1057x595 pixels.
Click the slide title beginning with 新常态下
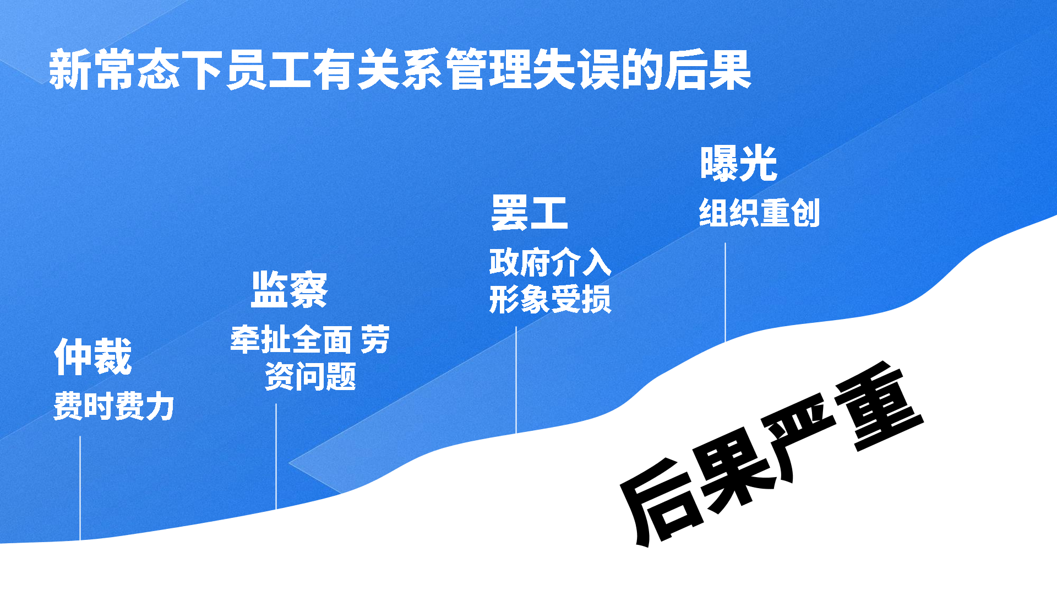pos(400,69)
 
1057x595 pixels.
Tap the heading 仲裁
pos(93,356)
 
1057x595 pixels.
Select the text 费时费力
pos(114,406)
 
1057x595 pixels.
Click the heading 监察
pos(290,289)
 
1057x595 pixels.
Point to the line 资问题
pos(310,376)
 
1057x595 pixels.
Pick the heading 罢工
pos(530,213)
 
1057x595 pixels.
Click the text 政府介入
pos(550,262)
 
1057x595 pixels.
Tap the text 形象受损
pos(550,300)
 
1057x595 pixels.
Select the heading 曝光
pos(739,163)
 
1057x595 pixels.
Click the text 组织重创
pos(760,213)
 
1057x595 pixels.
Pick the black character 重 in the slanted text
pos(878,408)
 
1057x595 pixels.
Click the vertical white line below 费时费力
pos(80,488)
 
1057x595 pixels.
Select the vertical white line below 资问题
pos(276,457)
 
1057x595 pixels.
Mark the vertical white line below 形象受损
pos(516,380)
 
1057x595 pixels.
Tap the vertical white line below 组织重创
pos(725,292)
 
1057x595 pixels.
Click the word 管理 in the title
pos(488,69)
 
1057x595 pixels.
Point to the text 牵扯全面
pos(291,339)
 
